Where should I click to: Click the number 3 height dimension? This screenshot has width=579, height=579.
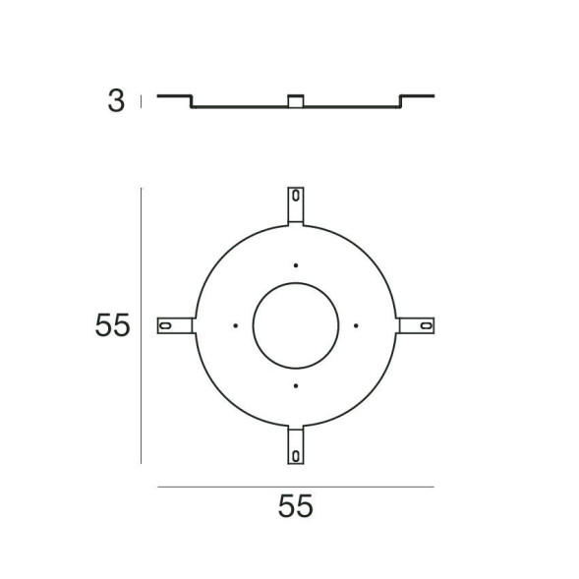[116, 101]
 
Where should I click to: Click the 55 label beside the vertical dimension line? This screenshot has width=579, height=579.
[113, 325]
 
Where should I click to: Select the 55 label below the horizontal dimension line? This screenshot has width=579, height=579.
[294, 507]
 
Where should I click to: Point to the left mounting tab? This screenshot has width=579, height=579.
[175, 325]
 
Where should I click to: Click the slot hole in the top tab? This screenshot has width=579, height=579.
[295, 197]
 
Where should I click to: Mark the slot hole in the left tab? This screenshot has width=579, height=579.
[167, 325]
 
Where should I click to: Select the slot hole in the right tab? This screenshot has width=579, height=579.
[425, 325]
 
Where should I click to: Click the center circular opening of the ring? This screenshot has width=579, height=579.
[295, 325]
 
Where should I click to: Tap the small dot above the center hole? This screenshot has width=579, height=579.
[295, 264]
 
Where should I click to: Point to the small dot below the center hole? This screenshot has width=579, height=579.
[295, 385]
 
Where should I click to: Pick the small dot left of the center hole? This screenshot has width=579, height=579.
[235, 325]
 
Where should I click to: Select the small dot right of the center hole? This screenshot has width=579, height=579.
[356, 325]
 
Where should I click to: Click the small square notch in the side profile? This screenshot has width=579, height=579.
[295, 100]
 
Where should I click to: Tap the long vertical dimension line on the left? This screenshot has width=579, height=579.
[143, 325]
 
